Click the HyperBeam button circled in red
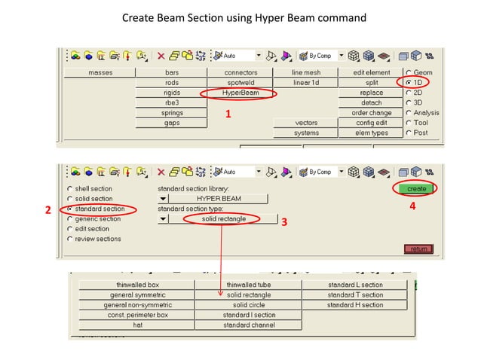click(240, 93)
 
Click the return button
click(419, 249)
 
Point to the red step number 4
click(412, 205)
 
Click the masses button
click(100, 73)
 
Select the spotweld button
click(240, 83)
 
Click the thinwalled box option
click(136, 285)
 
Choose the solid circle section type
click(248, 305)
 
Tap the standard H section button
click(354, 305)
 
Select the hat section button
click(136, 325)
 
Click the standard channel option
click(248, 325)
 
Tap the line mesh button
click(305, 73)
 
